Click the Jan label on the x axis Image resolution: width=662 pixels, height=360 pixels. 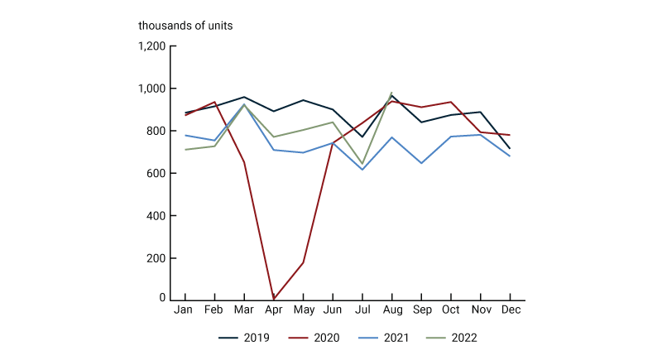pos(185,310)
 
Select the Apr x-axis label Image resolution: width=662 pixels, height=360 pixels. pos(273,310)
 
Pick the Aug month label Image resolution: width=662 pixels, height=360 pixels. pos(391,310)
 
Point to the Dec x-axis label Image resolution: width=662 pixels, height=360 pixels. pos(510,310)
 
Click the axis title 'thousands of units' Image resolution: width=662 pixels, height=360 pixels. pos(185,26)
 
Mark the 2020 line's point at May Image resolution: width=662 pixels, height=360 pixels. pos(303,263)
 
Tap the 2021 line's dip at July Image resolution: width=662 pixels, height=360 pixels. pos(362,170)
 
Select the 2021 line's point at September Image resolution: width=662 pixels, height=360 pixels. pos(421,163)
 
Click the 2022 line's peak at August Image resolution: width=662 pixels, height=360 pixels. pos(391,93)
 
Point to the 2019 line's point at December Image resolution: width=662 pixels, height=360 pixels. pos(510,149)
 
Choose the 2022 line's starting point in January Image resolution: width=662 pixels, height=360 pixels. pos(185,150)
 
